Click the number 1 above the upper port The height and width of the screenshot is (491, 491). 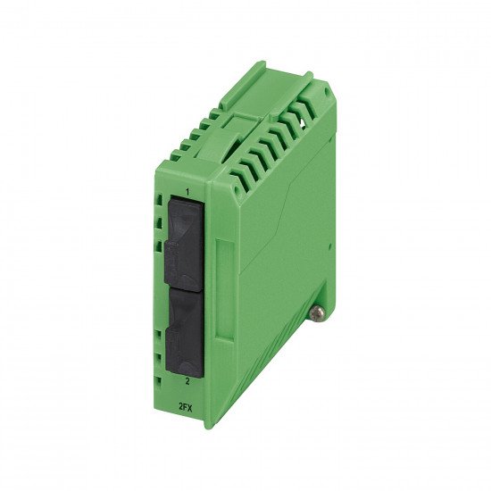point(187,192)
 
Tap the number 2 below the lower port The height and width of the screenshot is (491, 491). point(187,381)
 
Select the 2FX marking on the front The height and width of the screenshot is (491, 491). point(185,407)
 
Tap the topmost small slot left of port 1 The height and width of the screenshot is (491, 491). point(160,199)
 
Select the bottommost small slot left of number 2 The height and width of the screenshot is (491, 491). point(159,382)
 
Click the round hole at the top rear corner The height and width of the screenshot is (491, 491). point(328,91)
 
